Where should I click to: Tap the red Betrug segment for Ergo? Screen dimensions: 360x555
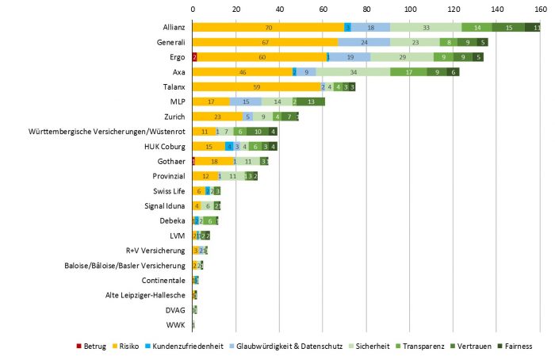194,57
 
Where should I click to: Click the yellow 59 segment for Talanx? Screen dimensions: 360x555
256,86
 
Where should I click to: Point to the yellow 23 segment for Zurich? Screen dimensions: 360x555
217,117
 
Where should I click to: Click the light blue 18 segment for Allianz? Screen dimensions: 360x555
370,27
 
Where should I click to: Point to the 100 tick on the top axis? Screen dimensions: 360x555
410,9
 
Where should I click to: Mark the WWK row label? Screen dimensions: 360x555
176,324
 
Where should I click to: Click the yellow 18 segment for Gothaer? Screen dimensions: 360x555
213,161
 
